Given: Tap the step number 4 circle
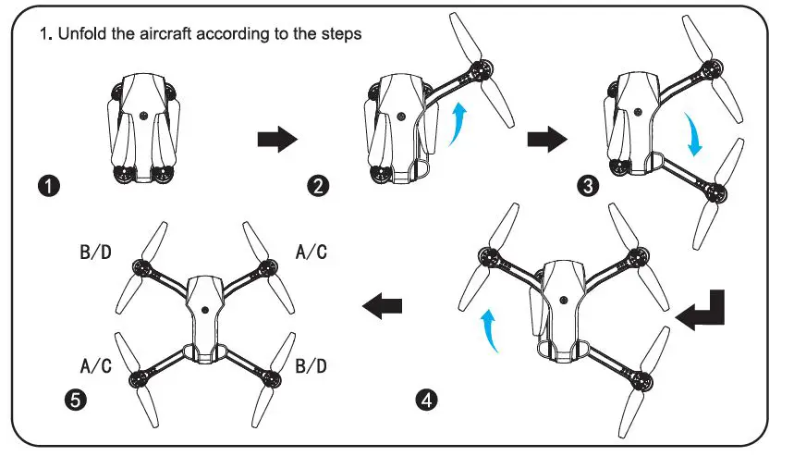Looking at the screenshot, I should pos(424,401).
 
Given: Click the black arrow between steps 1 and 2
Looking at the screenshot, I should pos(276,140).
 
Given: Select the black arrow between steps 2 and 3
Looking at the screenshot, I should pos(547,140).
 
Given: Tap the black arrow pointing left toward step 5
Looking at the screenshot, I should pos(384,305).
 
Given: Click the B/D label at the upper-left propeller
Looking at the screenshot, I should pos(95,251).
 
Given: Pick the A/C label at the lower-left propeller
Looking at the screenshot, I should pos(95,365).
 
